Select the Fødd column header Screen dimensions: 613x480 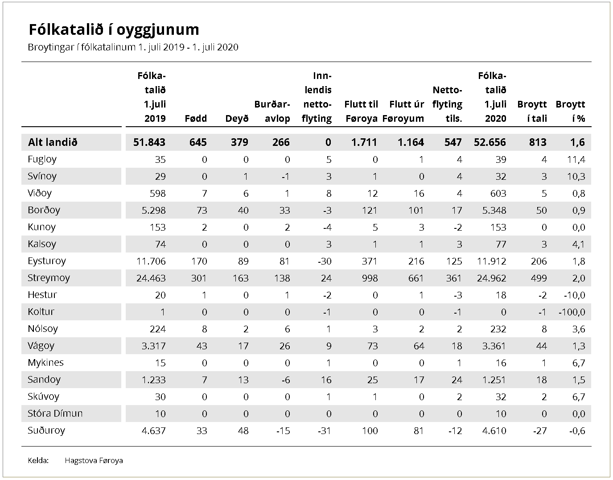pyautogui.click(x=196, y=119)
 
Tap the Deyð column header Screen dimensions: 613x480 pyautogui.click(x=237, y=119)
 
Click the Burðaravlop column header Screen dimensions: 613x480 pyautogui.click(x=272, y=112)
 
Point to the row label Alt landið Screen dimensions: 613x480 pyautogui.click(x=53, y=142)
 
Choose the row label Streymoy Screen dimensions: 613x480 pyautogui.click(x=49, y=278)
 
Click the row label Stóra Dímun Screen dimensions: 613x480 pyautogui.click(x=55, y=414)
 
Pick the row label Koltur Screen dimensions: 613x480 pyautogui.click(x=41, y=312)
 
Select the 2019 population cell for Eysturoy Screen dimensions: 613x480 pyautogui.click(x=151, y=261)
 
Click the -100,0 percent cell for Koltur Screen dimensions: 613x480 pyautogui.click(x=572, y=312)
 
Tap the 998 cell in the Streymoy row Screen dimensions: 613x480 pyautogui.click(x=370, y=278)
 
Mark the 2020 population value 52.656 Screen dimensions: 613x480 pyautogui.click(x=490, y=142)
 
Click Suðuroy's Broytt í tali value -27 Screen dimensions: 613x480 pyautogui.click(x=540, y=431)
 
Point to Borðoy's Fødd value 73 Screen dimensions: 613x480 pyautogui.click(x=202, y=211)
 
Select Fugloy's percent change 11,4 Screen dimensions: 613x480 pyautogui.click(x=576, y=160)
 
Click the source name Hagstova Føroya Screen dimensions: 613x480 pyautogui.click(x=94, y=460)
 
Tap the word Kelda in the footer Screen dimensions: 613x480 pyautogui.click(x=38, y=460)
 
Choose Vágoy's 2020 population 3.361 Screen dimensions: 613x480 pyautogui.click(x=494, y=346)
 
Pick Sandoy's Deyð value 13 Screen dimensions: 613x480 pyautogui.click(x=243, y=380)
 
